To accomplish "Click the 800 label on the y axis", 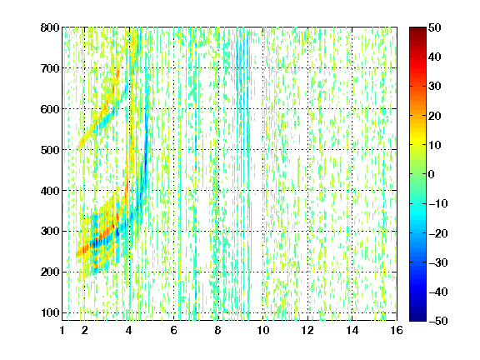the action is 50,27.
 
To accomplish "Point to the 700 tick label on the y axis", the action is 50,68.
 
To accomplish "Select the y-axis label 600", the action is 50,109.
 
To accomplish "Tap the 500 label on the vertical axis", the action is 50,150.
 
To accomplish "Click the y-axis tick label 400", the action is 50,191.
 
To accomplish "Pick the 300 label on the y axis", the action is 50,231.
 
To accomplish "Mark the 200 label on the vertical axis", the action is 50,272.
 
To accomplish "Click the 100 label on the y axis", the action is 50,312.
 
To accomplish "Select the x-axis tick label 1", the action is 62,330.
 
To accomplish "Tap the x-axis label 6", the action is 174,330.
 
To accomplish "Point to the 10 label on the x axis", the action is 263,330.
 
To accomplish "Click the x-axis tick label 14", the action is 352,330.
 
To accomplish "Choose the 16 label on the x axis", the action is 397,330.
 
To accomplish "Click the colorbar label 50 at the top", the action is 435,27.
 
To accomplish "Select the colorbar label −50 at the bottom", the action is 438,321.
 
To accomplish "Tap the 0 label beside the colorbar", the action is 432,174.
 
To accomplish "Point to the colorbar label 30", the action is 435,86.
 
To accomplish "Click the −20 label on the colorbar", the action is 438,233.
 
